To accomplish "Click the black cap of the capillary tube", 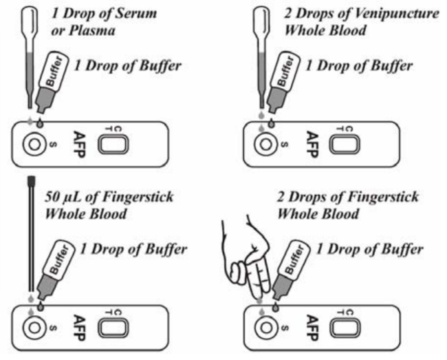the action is [x=32, y=180].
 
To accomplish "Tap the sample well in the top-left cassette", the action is [x=34, y=145].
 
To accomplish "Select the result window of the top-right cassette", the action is [x=345, y=145].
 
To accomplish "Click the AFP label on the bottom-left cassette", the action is [x=78, y=328].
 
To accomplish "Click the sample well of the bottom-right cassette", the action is [x=266, y=328].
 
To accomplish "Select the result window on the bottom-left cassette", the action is [x=113, y=328].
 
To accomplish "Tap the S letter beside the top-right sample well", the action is [x=284, y=145].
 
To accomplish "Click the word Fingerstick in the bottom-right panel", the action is [x=384, y=198].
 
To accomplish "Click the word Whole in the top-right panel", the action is [x=302, y=31].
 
